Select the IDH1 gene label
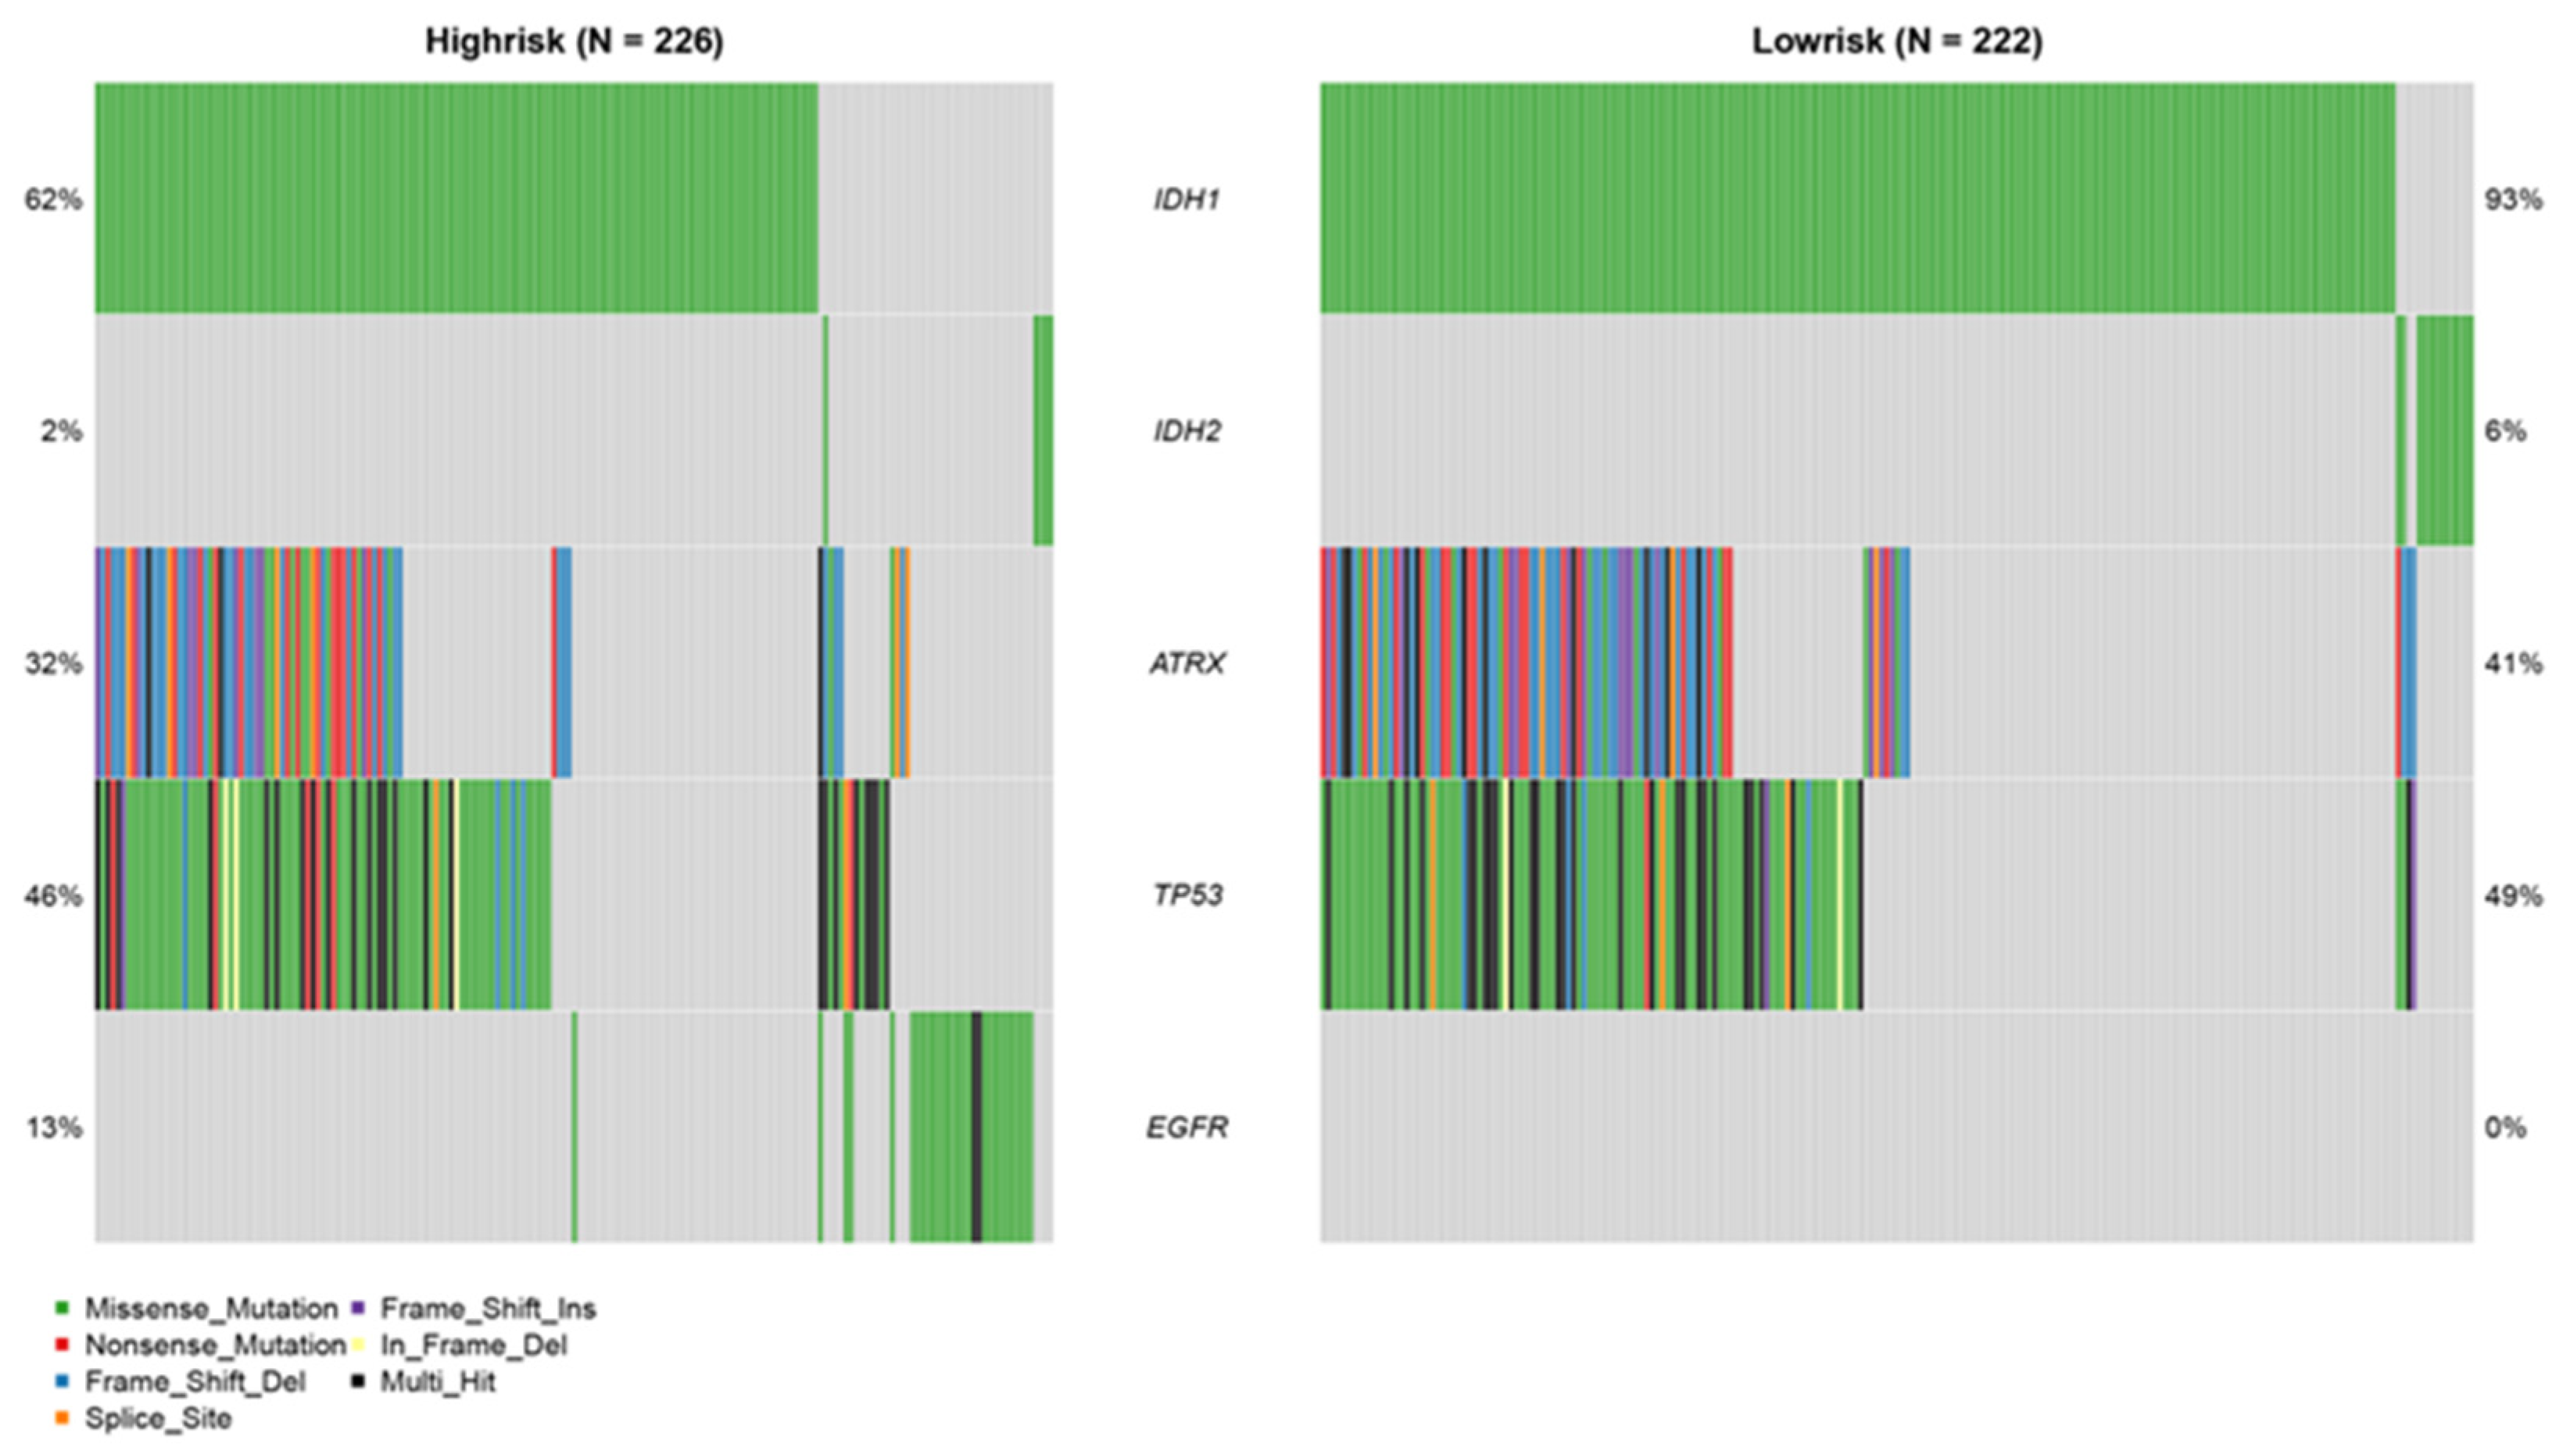pos(1186,200)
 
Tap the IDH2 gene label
pos(1186,431)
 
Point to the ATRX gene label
pos(1186,663)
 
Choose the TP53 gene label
pos(1186,895)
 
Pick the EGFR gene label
pos(1186,1127)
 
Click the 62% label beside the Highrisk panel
pos(53,200)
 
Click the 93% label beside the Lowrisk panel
pos(2513,200)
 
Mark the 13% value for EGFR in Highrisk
pos(53,1127)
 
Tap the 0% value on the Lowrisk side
pos(2505,1127)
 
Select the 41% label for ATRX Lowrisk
pos(2513,663)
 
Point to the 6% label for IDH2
pos(2505,431)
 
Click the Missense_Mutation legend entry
pos(209,1308)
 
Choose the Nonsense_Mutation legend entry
pos(213,1345)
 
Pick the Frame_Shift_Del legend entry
pos(194,1382)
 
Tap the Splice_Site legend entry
pos(157,1419)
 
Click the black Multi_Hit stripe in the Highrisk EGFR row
pos(975,1127)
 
